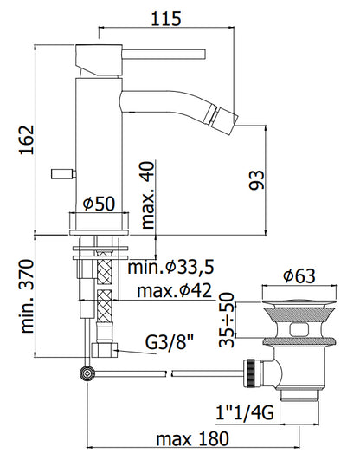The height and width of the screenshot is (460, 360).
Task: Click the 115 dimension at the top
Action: click(166, 18)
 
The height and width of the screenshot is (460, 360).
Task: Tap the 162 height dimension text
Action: click(27, 140)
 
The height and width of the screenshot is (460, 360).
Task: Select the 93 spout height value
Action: click(257, 180)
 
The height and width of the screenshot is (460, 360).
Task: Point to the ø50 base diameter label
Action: click(99, 204)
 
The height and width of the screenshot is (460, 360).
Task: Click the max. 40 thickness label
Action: click(147, 196)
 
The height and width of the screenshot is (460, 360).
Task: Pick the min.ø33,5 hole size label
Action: click(170, 268)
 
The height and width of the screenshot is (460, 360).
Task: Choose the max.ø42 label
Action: click(174, 291)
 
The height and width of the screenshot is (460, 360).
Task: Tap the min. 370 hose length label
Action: click(28, 296)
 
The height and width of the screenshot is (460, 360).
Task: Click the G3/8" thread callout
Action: click(170, 342)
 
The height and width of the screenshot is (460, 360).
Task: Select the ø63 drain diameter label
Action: click(299, 276)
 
